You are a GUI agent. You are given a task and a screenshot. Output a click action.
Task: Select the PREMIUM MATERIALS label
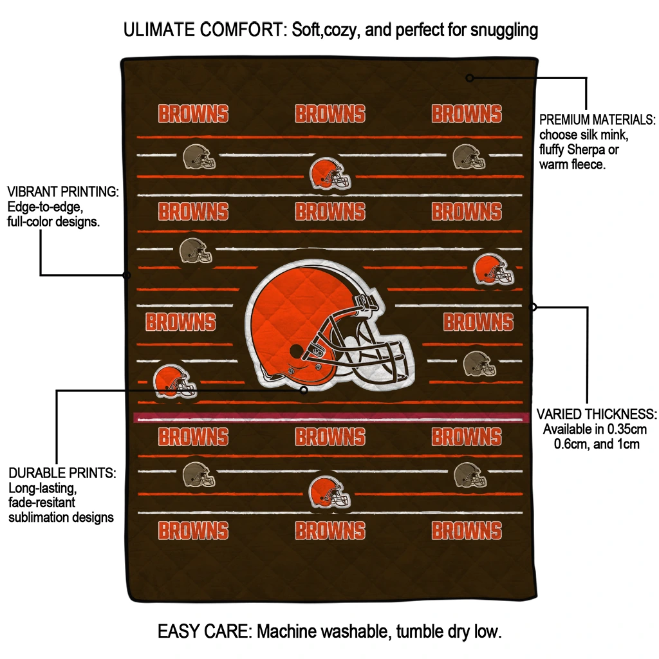pos(597,120)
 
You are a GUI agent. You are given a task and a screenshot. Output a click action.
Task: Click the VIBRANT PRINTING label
pos(63,192)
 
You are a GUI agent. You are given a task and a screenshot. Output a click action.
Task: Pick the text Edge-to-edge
pos(45,207)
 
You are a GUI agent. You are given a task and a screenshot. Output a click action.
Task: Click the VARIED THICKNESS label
pos(597,414)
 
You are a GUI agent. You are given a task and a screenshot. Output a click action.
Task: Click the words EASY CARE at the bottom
pos(203,631)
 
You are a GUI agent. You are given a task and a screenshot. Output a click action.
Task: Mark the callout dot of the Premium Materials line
pos(470,78)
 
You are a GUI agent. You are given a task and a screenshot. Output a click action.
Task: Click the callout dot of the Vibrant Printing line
pos(127,275)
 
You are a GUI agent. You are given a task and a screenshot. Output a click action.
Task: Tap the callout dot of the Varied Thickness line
pos(533,308)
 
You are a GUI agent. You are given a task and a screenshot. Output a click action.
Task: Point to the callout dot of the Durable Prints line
pos(304,389)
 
